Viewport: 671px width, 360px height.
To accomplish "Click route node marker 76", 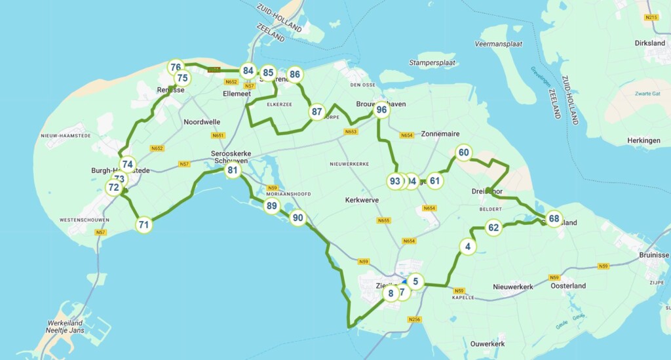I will [x=176, y=67].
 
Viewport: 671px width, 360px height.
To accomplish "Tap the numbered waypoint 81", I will [x=232, y=171].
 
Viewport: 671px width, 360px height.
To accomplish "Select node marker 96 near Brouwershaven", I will [x=381, y=110].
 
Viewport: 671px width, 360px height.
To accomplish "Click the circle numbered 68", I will [x=554, y=218].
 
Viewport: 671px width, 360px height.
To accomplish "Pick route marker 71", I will [x=144, y=225].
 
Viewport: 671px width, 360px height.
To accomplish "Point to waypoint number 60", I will [x=463, y=153].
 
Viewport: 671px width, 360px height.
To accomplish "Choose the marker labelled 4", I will [x=467, y=247].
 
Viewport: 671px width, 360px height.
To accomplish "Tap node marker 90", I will [x=298, y=218].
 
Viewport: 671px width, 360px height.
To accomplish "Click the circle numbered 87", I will [x=317, y=111].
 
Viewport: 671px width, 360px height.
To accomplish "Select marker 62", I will [x=494, y=228].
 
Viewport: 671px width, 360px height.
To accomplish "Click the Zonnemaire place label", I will [x=440, y=133].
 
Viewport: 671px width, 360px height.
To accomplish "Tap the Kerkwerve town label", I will [x=362, y=200].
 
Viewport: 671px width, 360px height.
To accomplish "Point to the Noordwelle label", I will [x=202, y=122].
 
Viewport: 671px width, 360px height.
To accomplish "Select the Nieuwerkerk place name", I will [x=512, y=287].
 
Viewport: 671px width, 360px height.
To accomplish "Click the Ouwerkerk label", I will [x=488, y=344].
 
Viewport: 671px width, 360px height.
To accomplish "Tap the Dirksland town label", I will [x=649, y=43].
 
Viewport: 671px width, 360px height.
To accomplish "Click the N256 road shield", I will [x=413, y=319].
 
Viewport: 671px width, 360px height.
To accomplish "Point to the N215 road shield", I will [x=650, y=18].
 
